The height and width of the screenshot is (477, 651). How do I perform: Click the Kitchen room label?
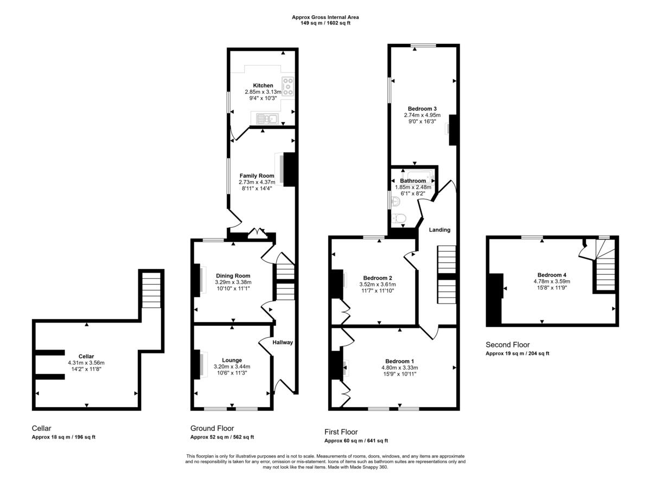click(x=263, y=86)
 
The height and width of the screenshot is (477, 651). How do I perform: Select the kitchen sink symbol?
click(x=266, y=118)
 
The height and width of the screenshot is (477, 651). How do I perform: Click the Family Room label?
click(x=257, y=176)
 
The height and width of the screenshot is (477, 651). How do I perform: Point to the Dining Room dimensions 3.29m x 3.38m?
click(x=233, y=282)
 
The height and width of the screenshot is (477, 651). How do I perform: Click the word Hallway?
click(x=283, y=343)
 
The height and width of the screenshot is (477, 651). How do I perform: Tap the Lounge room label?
click(x=232, y=360)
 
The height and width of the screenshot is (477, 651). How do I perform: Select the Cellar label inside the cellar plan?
click(x=86, y=356)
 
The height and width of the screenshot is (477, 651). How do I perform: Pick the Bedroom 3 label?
click(x=422, y=108)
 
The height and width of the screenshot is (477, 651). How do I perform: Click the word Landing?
click(x=439, y=230)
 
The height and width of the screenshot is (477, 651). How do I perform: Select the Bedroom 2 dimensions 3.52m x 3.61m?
click(x=378, y=285)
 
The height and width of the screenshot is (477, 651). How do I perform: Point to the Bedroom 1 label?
click(x=400, y=361)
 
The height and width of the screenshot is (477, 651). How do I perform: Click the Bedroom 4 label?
click(x=552, y=274)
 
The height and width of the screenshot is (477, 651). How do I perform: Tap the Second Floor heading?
click(x=507, y=345)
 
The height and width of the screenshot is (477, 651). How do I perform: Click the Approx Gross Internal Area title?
click(x=325, y=17)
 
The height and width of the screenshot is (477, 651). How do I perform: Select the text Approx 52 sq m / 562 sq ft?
click(x=222, y=437)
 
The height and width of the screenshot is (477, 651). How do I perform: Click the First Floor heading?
click(x=341, y=432)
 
